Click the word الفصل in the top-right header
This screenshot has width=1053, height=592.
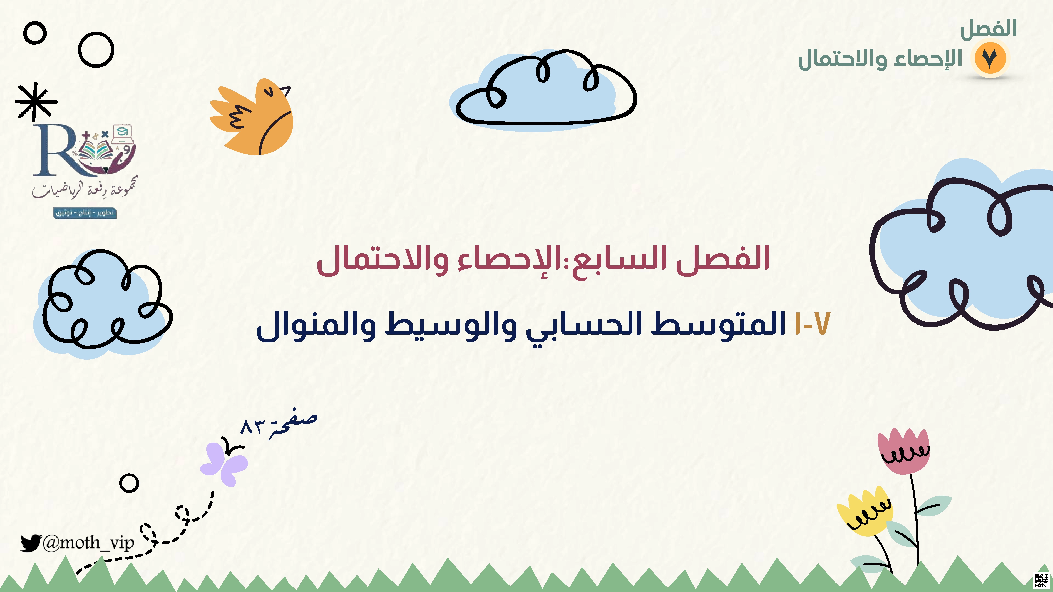[x=988, y=29]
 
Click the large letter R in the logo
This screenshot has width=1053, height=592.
[x=55, y=150]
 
